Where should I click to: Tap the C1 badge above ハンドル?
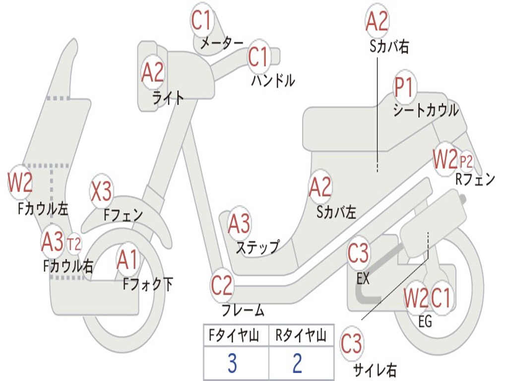pos(258,57)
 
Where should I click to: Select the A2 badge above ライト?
pos(152,73)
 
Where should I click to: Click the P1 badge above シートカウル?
pos(404,87)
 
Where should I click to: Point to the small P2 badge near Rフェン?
pos(466,161)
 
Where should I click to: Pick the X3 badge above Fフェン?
pos(101,191)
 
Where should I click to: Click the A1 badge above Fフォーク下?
pos(127,260)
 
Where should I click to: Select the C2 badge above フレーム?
pos(221,285)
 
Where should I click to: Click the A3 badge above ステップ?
pos(239,224)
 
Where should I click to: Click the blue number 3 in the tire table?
pos(232,364)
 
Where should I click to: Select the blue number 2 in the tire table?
pos(297,364)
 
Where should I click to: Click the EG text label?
pos(425,322)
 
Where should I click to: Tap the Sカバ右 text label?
pos(389,47)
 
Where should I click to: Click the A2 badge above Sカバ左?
pos(320,187)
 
